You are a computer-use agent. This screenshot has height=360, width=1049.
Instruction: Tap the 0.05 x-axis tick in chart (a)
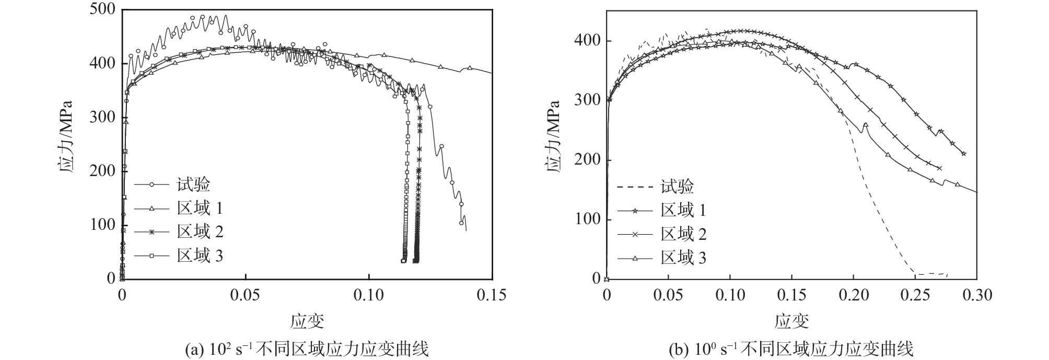(x=245, y=295)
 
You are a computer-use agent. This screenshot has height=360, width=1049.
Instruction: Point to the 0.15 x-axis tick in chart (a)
(x=492, y=295)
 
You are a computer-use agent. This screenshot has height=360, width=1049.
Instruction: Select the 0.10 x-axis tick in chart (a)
(x=368, y=295)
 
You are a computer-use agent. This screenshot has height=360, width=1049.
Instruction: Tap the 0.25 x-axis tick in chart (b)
(x=915, y=295)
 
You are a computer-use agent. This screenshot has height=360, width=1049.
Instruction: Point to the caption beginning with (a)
(x=307, y=349)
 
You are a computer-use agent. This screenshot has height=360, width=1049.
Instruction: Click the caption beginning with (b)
(x=791, y=349)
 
